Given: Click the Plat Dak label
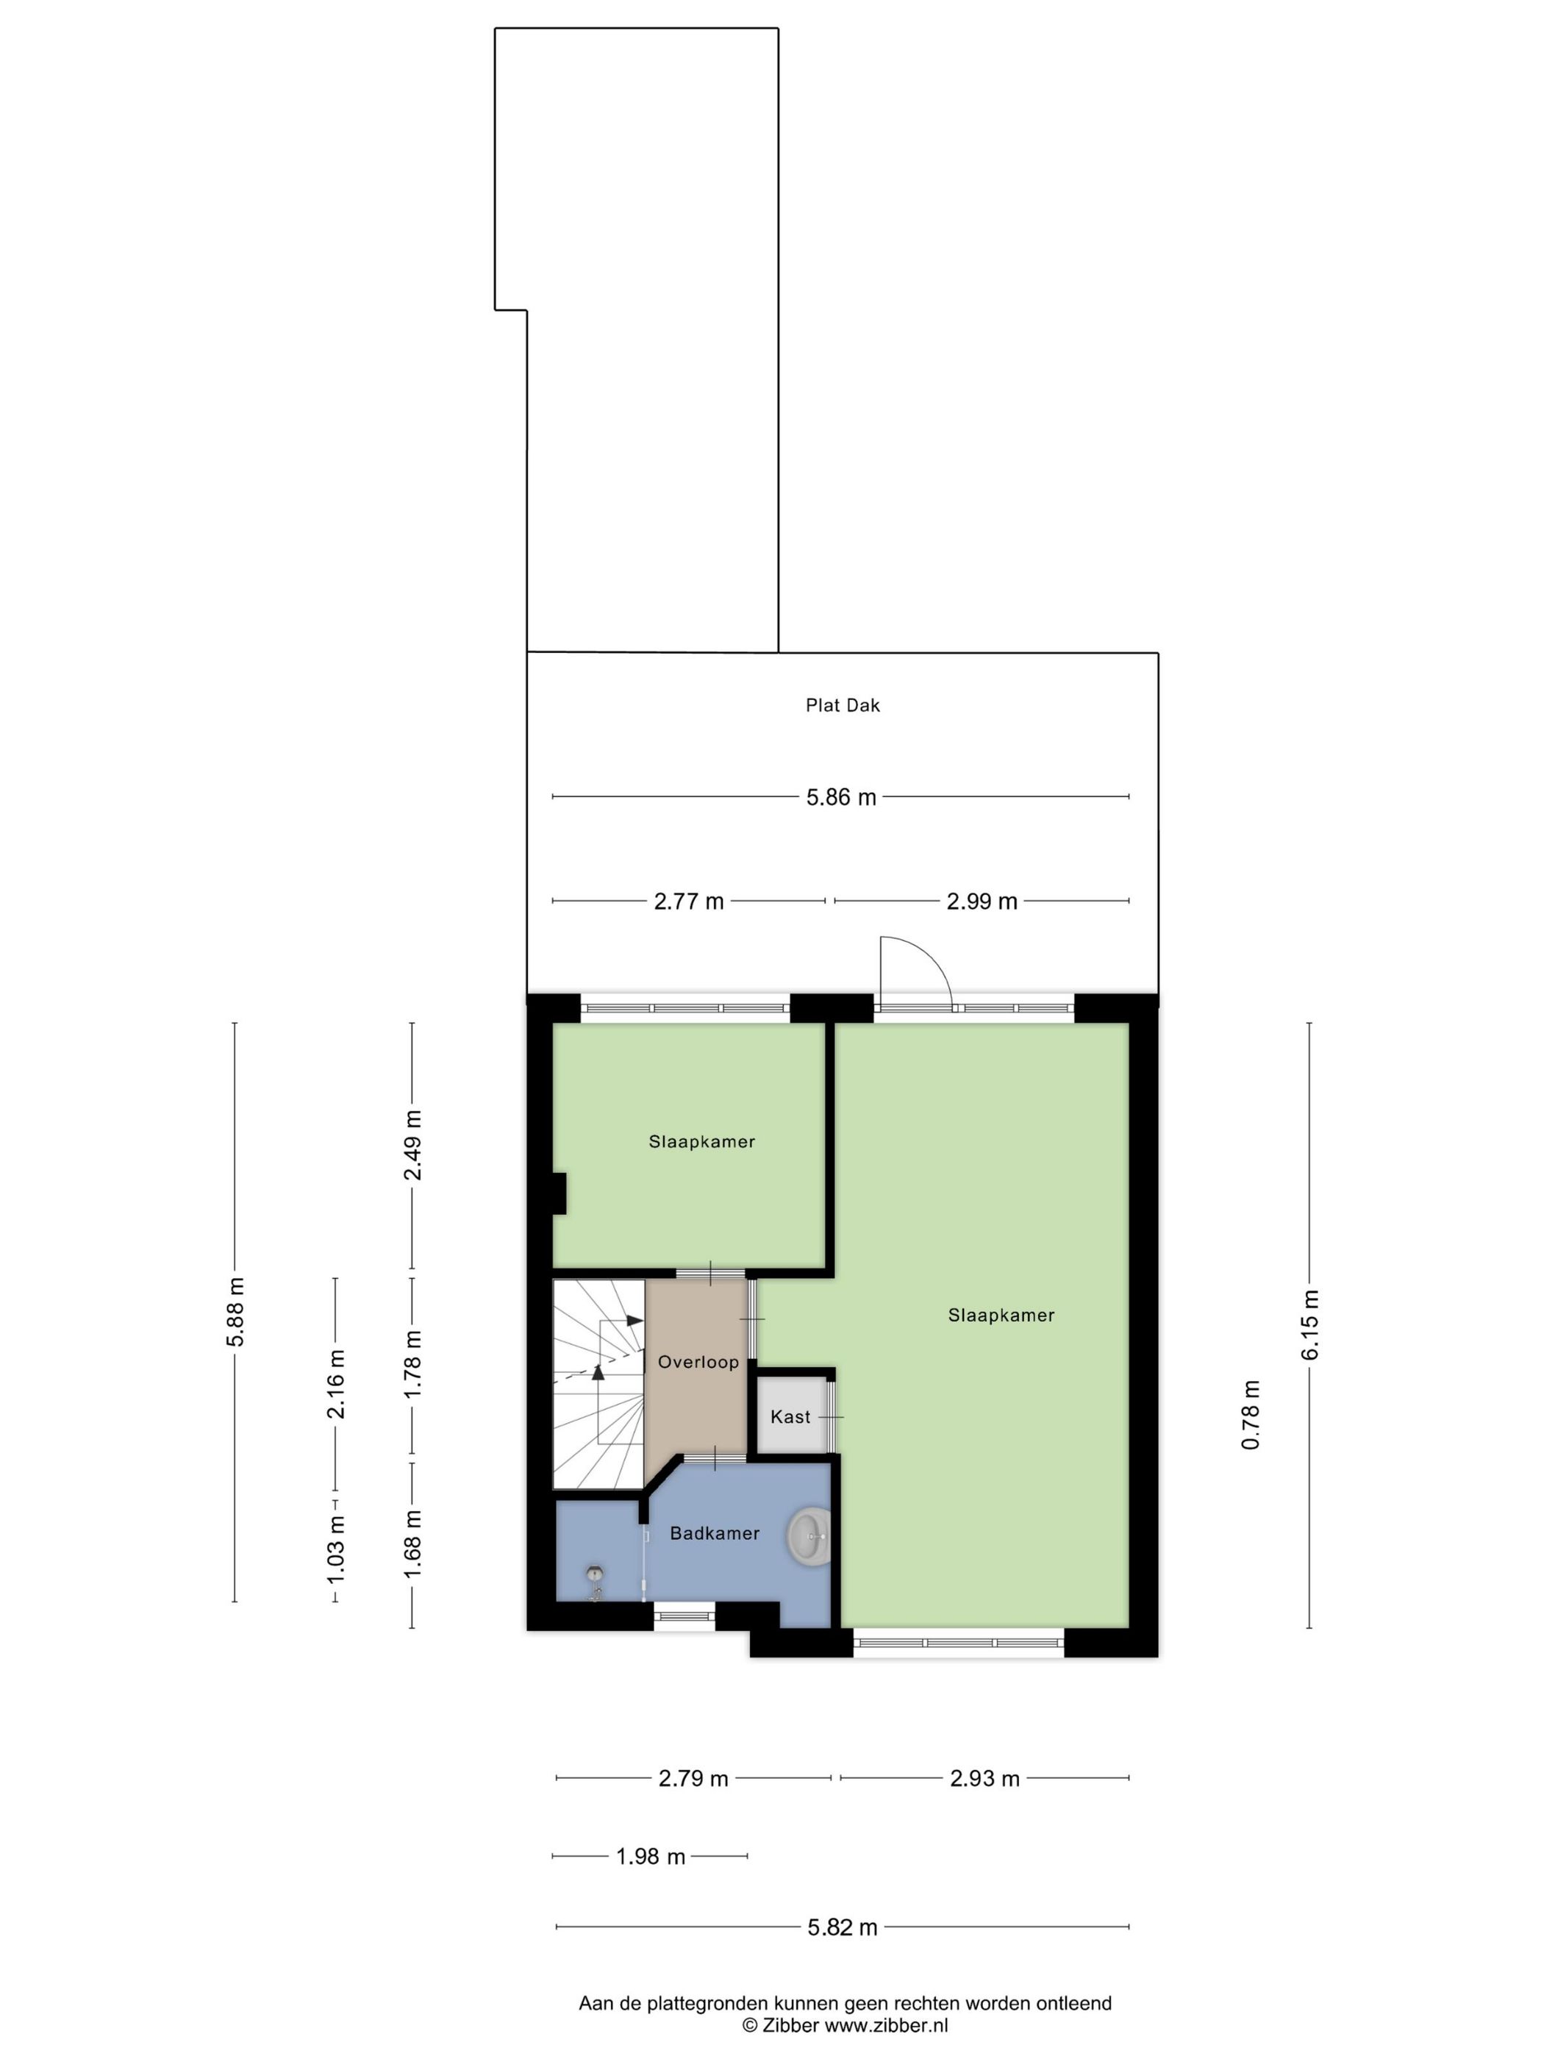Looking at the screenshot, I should [843, 704].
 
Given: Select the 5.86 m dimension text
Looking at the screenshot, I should [840, 797].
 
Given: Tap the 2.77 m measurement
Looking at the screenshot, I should [689, 901].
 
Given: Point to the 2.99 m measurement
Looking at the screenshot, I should [982, 901].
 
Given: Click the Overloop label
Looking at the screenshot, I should [698, 1362].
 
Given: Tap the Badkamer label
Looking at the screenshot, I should [715, 1533].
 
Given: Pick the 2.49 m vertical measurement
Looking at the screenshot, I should [412, 1145].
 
